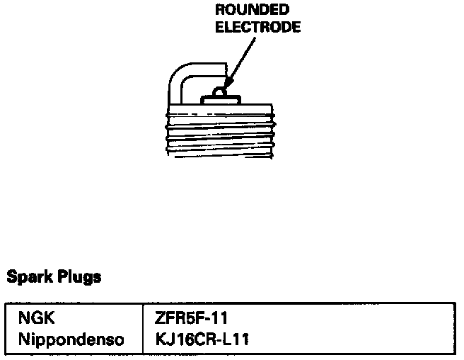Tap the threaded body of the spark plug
coord(220,135)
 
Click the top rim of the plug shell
coord(220,108)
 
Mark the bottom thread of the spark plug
coord(220,151)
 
